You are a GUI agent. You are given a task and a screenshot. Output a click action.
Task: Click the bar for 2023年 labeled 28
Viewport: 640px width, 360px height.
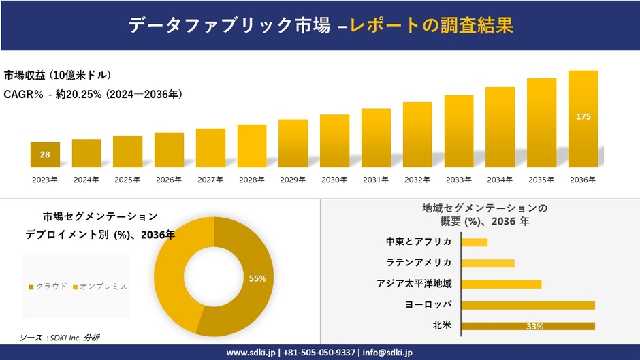[45, 154]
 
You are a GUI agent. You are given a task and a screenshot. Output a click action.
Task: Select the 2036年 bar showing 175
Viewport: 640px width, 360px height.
[583, 118]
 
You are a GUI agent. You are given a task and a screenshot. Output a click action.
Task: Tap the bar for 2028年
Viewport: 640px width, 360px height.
[251, 146]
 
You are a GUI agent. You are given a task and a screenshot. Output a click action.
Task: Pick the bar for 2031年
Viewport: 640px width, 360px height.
[376, 137]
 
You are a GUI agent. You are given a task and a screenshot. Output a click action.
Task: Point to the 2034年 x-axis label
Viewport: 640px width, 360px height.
[500, 180]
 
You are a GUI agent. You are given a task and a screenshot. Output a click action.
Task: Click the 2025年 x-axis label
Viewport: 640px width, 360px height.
[127, 180]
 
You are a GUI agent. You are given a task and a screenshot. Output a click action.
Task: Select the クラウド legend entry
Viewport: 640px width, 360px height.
[48, 287]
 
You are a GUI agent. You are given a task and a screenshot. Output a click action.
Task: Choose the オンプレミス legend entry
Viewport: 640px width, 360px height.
[99, 287]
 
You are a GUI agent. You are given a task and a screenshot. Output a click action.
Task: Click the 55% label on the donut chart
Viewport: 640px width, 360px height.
[257, 278]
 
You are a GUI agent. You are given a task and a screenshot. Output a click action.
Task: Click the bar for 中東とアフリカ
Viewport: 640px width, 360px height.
[474, 242]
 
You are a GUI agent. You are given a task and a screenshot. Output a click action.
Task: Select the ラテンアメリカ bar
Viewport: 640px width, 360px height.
[487, 263]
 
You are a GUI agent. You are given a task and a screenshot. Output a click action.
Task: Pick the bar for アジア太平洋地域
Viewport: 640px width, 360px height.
[501, 284]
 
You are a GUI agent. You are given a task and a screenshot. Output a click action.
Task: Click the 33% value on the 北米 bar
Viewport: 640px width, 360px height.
[534, 327]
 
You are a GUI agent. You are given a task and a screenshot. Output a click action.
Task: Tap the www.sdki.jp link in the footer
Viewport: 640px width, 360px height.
[251, 353]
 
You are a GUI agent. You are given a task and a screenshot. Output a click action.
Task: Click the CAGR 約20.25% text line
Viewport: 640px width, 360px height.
[93, 94]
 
